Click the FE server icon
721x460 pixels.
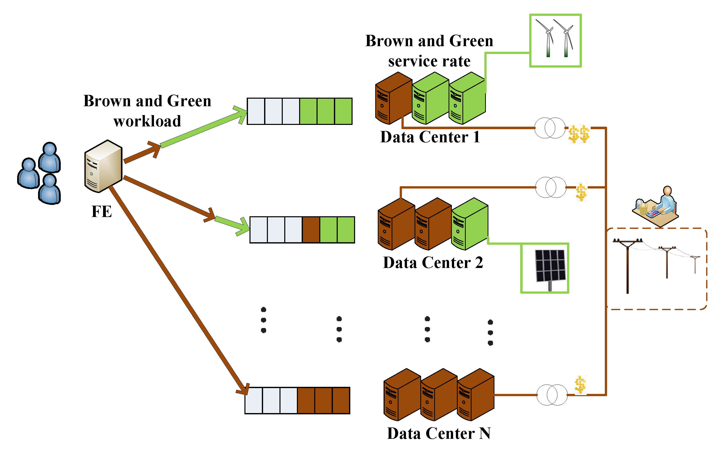103,166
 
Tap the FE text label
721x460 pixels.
102,211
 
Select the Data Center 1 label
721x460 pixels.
430,137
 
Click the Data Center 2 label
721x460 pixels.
433,263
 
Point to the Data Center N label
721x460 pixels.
439,433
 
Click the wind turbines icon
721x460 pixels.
555,40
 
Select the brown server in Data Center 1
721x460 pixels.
394,98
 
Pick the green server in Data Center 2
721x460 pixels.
470,224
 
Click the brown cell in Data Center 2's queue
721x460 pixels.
311,230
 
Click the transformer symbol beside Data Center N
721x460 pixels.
552,395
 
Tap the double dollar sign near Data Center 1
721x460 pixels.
579,134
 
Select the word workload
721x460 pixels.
147,121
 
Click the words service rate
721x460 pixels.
429,61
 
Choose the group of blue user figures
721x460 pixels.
39,173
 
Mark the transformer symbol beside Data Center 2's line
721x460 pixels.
551,187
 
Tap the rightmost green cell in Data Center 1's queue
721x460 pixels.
343,111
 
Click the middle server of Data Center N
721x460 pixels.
439,395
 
